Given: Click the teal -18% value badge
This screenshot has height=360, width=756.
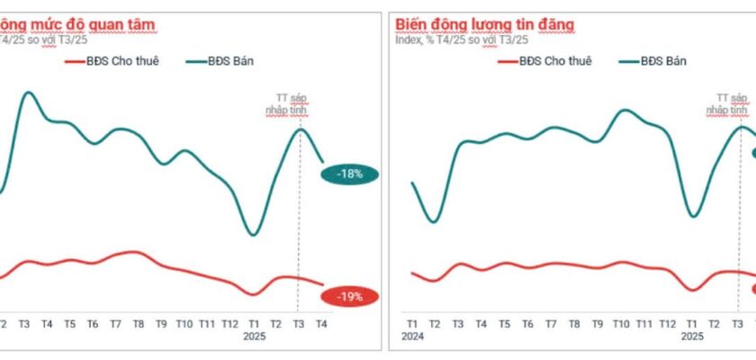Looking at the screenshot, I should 350,174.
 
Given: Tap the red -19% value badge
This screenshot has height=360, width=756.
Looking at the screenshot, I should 350,295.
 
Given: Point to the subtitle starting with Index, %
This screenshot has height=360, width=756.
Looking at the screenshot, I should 462,40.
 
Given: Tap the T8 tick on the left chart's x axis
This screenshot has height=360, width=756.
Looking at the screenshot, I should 139,323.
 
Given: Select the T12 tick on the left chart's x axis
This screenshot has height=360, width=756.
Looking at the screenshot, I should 230,323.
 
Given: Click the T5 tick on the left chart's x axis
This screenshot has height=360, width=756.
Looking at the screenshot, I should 69,323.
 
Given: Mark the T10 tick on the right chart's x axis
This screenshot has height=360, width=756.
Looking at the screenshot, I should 621,323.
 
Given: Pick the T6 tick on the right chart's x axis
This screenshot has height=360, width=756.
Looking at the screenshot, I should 527,323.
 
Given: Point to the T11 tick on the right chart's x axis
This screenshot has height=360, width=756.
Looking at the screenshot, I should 644,323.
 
